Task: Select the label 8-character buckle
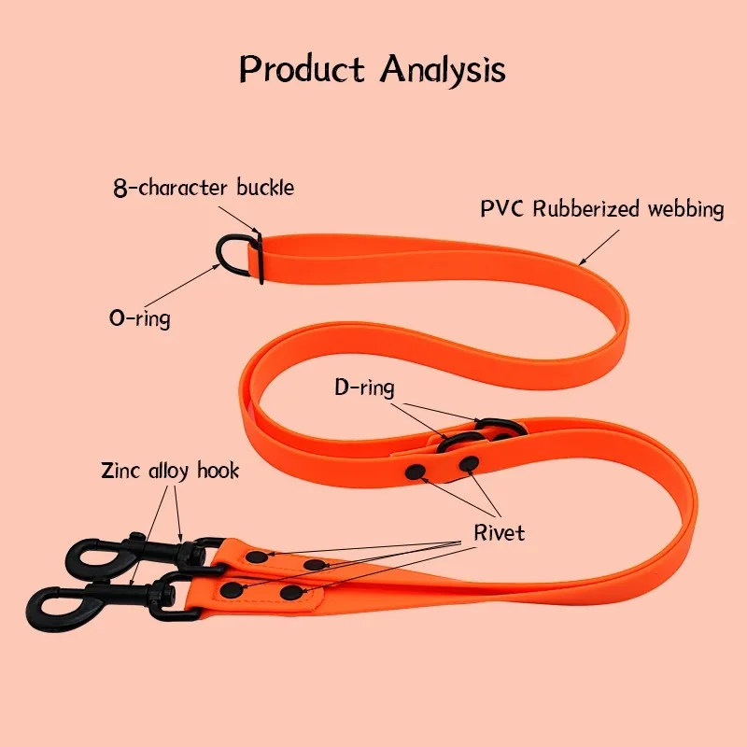[203, 188]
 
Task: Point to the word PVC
[503, 208]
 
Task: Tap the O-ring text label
[140, 317]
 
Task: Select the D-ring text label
[365, 387]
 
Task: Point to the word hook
[217, 470]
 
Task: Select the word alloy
[168, 470]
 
